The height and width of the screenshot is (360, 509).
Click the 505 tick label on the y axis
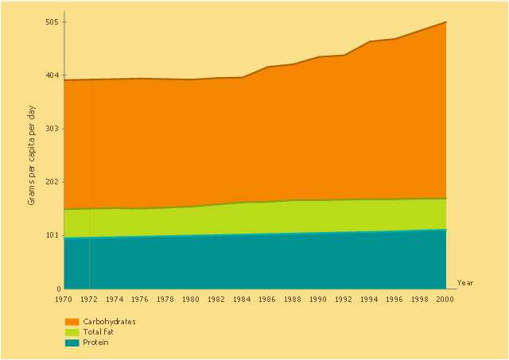[x=51, y=21]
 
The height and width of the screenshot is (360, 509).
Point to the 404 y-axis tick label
[x=51, y=75]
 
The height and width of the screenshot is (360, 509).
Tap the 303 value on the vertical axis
[x=51, y=129]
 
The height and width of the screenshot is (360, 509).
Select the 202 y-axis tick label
[x=51, y=182]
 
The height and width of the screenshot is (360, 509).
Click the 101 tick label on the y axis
[x=51, y=235]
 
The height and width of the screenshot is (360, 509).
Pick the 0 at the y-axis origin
[x=56, y=288]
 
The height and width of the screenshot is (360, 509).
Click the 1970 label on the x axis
[x=64, y=299]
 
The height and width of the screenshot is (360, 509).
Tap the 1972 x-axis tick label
[x=89, y=299]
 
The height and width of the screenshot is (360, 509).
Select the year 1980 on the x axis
[x=191, y=299]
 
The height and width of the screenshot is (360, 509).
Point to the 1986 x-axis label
[x=267, y=299]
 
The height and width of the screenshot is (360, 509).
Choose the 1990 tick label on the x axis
[x=318, y=299]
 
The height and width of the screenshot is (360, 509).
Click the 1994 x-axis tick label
[x=369, y=299]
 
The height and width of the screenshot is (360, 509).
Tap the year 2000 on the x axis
[x=445, y=299]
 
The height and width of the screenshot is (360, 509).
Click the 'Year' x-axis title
[x=465, y=283]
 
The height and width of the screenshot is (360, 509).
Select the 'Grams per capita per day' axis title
[x=32, y=155]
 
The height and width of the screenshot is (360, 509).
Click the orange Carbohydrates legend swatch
[x=72, y=322]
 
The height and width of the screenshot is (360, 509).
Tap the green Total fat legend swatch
[x=72, y=332]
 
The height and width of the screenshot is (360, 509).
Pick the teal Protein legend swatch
[x=72, y=343]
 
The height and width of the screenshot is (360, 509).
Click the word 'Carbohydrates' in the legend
[x=109, y=322]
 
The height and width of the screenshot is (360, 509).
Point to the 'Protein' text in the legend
[x=95, y=343]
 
